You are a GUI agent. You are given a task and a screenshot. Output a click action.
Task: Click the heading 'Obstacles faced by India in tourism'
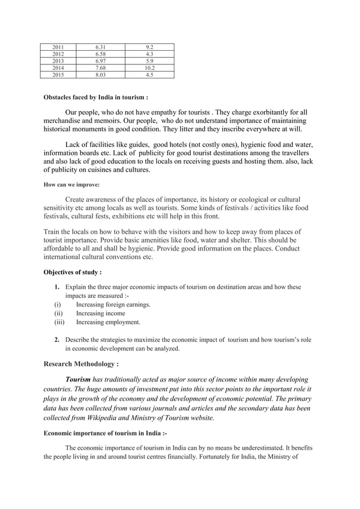(96, 96)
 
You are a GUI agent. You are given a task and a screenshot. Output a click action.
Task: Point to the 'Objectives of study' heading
(72, 272)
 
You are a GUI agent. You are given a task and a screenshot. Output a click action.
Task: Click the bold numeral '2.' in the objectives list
(58, 340)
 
